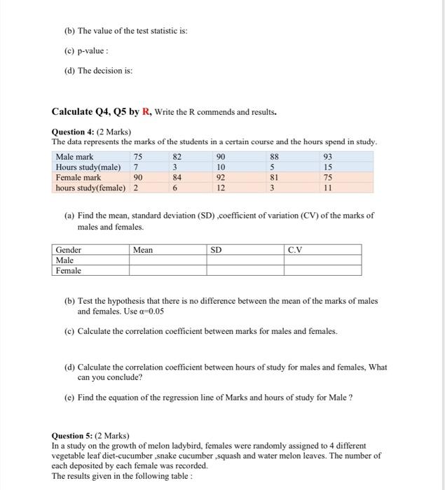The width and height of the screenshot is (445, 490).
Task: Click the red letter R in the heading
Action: click(x=146, y=112)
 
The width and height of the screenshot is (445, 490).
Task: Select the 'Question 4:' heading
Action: click(x=76, y=132)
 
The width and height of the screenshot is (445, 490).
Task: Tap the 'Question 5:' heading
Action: click(x=76, y=435)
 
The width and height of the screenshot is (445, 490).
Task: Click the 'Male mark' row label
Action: click(x=75, y=157)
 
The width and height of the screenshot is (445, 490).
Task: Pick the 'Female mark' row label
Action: click(x=78, y=178)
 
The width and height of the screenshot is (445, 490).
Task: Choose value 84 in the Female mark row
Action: click(x=177, y=178)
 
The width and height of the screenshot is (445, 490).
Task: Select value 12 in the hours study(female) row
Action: click(x=222, y=188)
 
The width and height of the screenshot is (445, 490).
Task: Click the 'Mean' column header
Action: click(x=143, y=250)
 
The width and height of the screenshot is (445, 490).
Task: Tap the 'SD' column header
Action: click(x=217, y=250)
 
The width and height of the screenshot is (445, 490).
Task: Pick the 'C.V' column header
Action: click(x=295, y=250)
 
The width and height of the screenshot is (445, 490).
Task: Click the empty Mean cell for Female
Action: click(x=166, y=270)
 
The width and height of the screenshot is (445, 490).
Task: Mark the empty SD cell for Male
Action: click(x=245, y=260)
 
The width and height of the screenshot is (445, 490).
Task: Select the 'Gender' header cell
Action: click(x=69, y=250)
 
